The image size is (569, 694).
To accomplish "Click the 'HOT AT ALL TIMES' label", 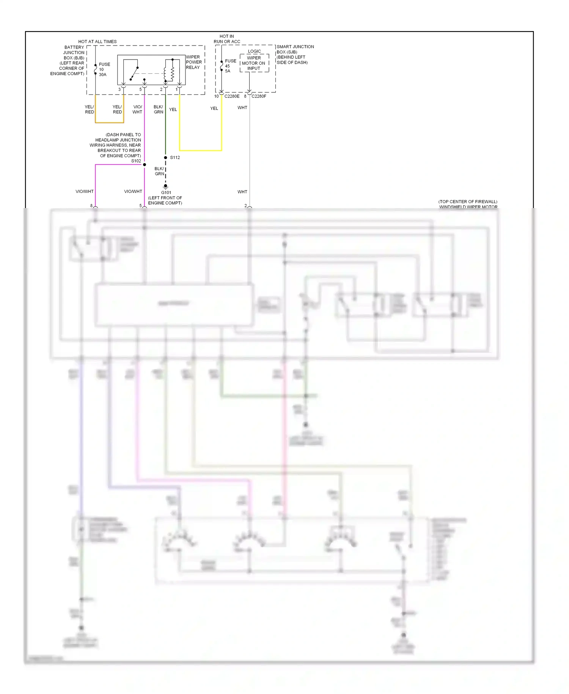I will (x=97, y=42).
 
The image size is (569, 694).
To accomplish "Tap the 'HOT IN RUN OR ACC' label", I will (x=227, y=39).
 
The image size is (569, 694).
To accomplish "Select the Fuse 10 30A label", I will (x=104, y=69).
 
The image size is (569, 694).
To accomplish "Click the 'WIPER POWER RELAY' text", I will (x=193, y=62).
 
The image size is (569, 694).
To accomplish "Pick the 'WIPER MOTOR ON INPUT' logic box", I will (x=254, y=63).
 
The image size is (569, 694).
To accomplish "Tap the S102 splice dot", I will (x=145, y=165).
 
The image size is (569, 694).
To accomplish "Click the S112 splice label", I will (x=175, y=158).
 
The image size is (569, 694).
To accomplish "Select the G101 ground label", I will (x=166, y=192).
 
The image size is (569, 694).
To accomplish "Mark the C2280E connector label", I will (x=232, y=96).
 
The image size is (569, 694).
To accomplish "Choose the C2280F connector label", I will (x=259, y=96).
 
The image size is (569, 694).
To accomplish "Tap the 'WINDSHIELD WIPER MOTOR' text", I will (x=468, y=207).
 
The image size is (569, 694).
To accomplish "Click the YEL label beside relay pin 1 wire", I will (x=173, y=110).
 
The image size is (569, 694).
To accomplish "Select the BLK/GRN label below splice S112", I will (x=159, y=171).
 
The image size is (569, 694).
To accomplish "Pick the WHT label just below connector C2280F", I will (x=242, y=108).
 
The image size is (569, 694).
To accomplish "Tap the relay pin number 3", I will (x=119, y=90).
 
